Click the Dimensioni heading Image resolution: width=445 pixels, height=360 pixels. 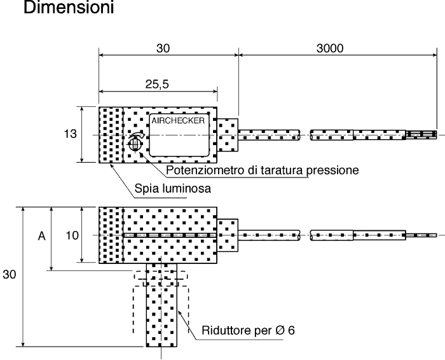tap(69, 8)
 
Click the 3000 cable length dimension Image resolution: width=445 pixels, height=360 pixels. tap(330, 48)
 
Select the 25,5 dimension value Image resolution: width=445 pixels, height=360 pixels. tap(157, 84)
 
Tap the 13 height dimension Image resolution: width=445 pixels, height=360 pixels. tap(70, 134)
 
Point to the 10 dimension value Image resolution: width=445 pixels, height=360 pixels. tap(72, 235)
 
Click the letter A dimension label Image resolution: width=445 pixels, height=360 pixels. tap(41, 236)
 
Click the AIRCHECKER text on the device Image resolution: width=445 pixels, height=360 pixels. tap(178, 121)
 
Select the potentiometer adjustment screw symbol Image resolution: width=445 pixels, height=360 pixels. tap(135, 142)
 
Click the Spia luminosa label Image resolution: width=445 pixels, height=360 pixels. tap(172, 188)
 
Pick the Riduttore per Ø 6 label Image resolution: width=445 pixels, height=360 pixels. tap(248, 330)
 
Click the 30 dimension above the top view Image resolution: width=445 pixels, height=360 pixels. tap(163, 48)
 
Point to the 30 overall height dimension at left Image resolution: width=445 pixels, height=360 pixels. tap(9, 274)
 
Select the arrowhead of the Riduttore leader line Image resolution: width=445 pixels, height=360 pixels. tap(179, 312)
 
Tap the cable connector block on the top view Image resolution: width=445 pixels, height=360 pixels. tap(228, 135)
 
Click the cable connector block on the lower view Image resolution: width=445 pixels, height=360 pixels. tap(228, 235)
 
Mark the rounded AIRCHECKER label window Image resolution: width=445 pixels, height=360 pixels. tap(179, 135)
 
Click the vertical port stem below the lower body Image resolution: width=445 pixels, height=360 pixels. tap(161, 305)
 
